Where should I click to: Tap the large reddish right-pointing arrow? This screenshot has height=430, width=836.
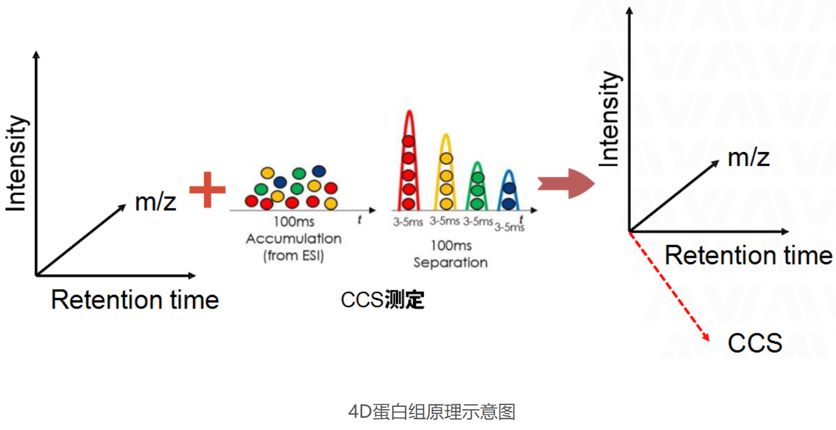[x=565, y=183]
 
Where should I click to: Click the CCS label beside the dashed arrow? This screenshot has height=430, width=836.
[x=755, y=343]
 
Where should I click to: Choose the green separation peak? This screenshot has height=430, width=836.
[x=478, y=186]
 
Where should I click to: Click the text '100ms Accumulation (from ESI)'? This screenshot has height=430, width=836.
[x=293, y=239]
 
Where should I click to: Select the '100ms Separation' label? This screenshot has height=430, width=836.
[x=450, y=254]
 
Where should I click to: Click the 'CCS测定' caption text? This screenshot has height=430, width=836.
[x=383, y=300]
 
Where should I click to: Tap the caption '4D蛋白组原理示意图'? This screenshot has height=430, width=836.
[x=431, y=412]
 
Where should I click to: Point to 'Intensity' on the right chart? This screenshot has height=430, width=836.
[x=609, y=118]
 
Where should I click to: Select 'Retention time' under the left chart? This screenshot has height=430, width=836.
[x=135, y=300]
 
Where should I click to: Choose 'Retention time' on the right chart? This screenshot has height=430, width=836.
[x=748, y=255]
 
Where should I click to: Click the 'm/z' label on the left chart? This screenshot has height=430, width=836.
[x=156, y=201]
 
